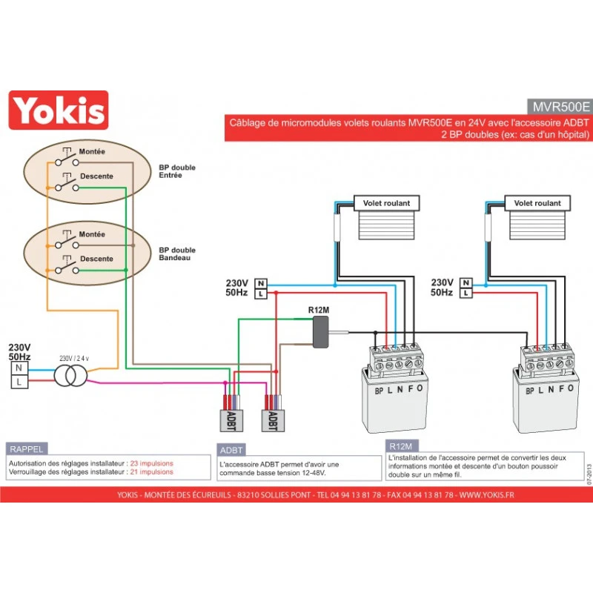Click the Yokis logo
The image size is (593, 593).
(58, 110)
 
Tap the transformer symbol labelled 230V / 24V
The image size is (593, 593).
(70, 374)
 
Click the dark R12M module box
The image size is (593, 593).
(322, 332)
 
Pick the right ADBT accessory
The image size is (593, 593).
(272, 420)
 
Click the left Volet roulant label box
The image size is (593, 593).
(385, 203)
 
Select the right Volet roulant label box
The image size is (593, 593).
(537, 203)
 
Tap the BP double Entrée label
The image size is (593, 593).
(177, 171)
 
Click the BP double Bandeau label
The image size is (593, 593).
(177, 254)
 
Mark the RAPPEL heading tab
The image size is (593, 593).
(27, 449)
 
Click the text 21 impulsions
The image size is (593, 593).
(151, 472)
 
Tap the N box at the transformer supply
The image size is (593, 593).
(19, 367)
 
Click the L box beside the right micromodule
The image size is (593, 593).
(465, 294)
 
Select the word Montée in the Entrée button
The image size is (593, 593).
(92, 151)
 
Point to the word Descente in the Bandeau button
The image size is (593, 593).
(96, 259)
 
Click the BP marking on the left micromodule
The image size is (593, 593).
(379, 390)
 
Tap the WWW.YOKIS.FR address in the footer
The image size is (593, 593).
(486, 494)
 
